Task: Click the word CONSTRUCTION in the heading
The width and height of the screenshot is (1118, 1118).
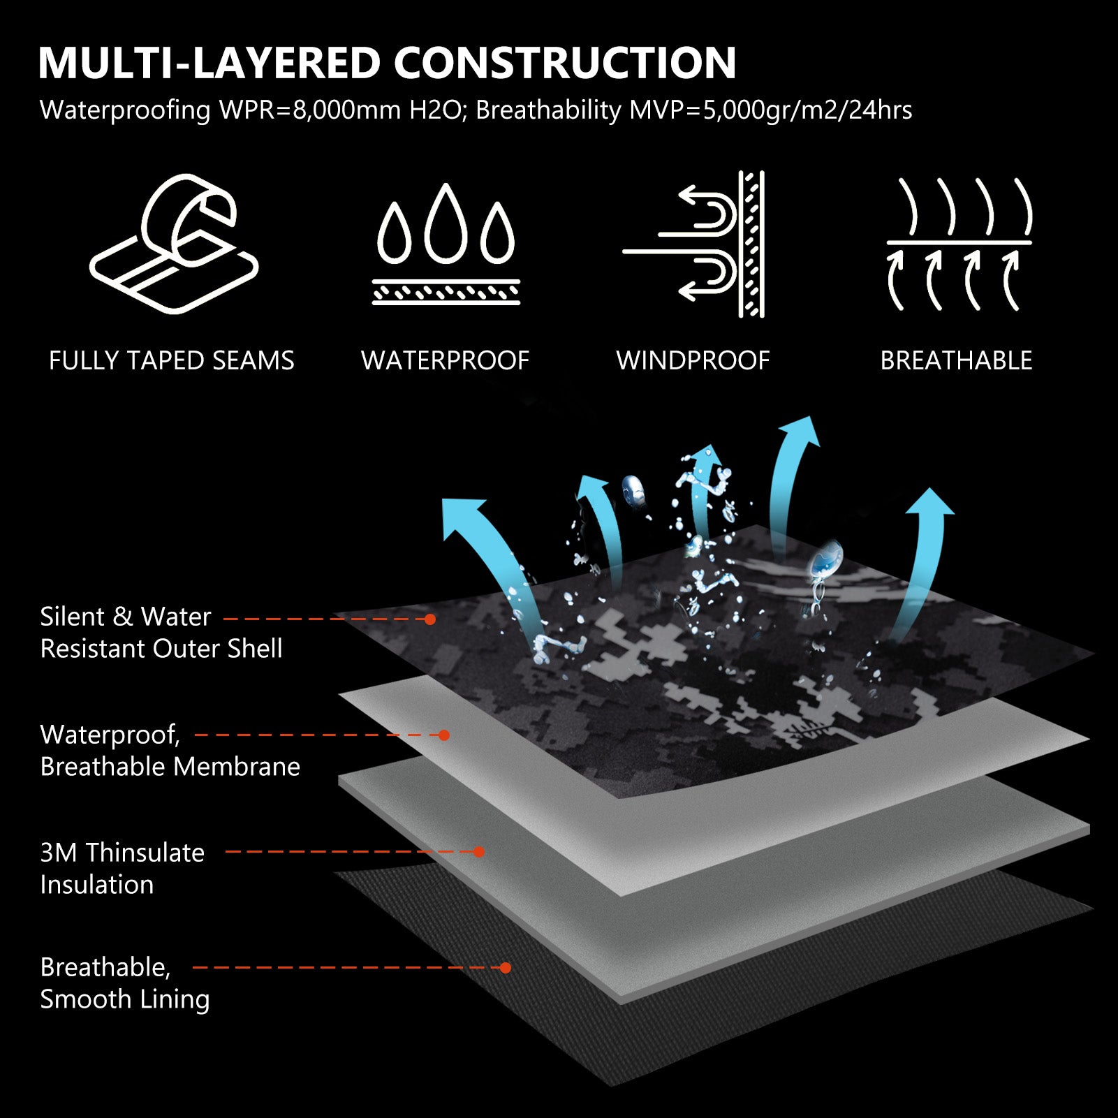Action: coord(565,63)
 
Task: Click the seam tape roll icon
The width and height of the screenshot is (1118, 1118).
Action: coord(174,243)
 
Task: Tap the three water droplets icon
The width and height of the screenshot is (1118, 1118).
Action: coord(446,244)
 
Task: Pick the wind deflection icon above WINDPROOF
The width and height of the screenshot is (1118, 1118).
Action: coord(694,244)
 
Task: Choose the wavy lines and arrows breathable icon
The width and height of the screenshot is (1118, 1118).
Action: coord(959,244)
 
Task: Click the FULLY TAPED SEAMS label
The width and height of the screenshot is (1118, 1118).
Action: coord(172,361)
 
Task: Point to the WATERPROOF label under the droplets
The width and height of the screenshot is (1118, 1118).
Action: coord(446,361)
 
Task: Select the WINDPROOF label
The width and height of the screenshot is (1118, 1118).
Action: coord(693,361)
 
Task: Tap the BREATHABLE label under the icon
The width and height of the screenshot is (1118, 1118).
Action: coord(956,361)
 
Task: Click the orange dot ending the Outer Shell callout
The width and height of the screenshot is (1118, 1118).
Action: coord(430,619)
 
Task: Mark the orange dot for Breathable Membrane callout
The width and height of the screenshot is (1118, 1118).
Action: coord(443,735)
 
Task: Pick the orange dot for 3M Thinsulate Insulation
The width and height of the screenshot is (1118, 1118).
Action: coord(479,852)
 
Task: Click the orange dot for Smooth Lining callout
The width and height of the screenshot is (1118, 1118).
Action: coord(506,968)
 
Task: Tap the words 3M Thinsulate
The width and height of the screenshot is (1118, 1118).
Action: coord(122,853)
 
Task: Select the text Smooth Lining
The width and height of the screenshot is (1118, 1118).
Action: coord(125,999)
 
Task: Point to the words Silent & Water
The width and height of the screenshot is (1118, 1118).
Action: coord(126,617)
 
